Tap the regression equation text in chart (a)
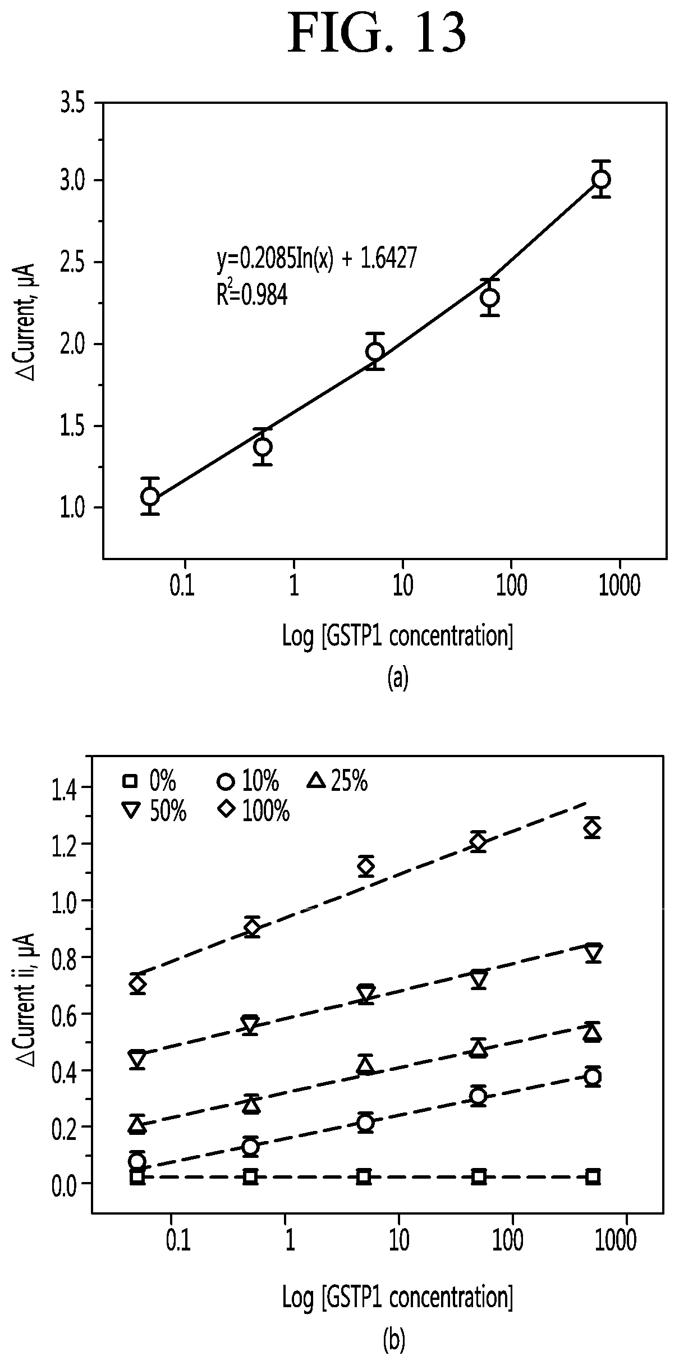pos(316,259)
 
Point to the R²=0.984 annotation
pos(252,294)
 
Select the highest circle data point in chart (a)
pos(602,179)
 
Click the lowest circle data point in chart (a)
pos(150,496)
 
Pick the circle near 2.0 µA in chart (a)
pos(375,351)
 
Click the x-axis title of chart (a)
pos(398,637)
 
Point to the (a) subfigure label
pos(398,678)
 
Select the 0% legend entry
pos(149,781)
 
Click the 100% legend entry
pos(254,811)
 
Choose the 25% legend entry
pos(338,781)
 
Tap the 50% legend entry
pos(154,811)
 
